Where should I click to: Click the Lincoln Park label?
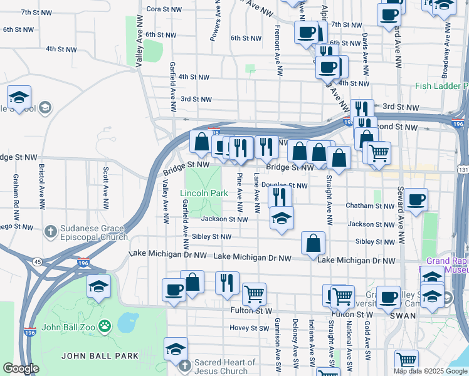click(x=204, y=194)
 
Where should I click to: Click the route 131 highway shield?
click(x=463, y=170)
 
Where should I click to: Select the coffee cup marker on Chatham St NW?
click(x=416, y=201)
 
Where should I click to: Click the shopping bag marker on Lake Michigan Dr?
click(x=313, y=243)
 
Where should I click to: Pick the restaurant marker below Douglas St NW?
click(x=280, y=197)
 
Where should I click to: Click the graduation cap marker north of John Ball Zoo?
click(x=98, y=287)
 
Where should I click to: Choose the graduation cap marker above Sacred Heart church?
click(x=176, y=349)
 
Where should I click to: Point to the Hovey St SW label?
click(x=249, y=328)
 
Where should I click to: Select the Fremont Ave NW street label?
click(x=277, y=44)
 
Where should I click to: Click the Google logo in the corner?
click(x=21, y=368)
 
